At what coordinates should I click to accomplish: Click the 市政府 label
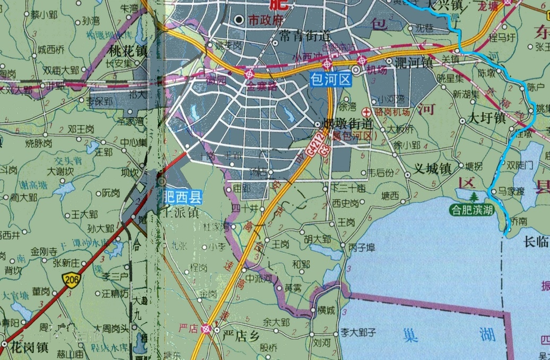[x=267, y=20]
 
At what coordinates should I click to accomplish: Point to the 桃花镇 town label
[x=127, y=52]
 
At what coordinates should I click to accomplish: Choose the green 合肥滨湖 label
[x=471, y=209]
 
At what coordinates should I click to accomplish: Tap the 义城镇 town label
[x=433, y=170]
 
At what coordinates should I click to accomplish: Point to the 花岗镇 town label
[x=29, y=348]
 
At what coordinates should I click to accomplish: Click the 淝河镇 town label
[x=417, y=62]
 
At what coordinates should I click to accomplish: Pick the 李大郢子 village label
[x=358, y=332]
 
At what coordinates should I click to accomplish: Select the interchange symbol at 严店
[x=206, y=329]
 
